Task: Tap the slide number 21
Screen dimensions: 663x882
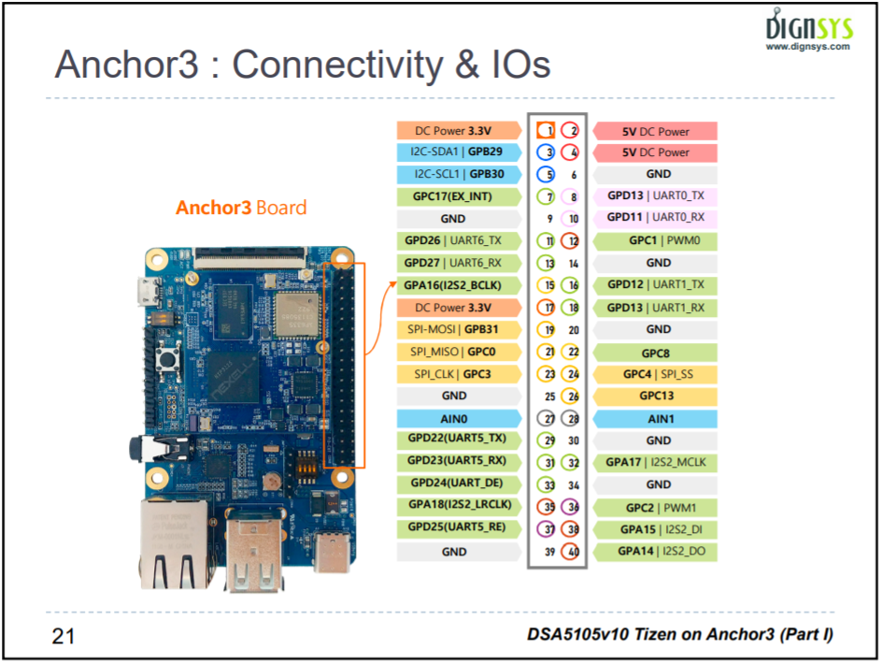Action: click(63, 636)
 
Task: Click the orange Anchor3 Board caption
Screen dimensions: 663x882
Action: click(241, 207)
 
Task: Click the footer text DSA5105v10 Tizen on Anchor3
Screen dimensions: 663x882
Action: click(679, 636)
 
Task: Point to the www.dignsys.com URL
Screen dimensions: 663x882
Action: click(808, 46)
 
